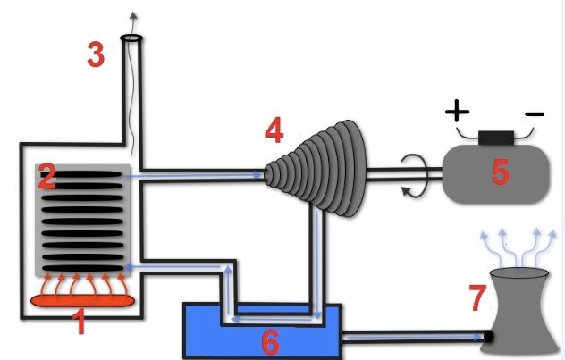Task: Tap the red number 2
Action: [46, 179]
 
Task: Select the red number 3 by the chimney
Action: [96, 55]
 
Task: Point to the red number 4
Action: [274, 132]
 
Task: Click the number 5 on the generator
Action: [500, 172]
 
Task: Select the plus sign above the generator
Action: [457, 112]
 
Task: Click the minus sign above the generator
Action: [534, 114]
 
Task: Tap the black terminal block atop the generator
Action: [495, 138]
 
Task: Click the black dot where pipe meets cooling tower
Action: [489, 337]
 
